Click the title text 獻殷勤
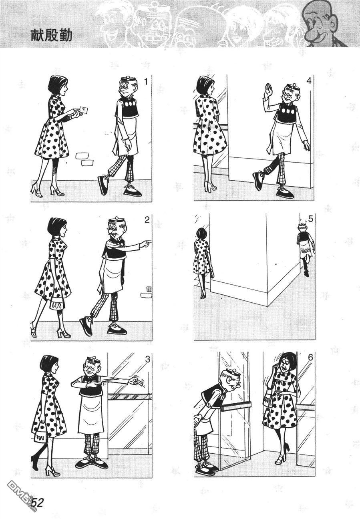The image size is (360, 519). pyautogui.click(x=51, y=36)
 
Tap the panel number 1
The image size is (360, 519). pyautogui.click(x=146, y=82)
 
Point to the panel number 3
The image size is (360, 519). pyautogui.click(x=147, y=359)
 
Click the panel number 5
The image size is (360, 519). pyautogui.click(x=310, y=219)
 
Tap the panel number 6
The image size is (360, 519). pyautogui.click(x=310, y=358)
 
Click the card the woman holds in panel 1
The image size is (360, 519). pyautogui.click(x=84, y=110)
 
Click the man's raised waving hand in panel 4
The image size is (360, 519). pyautogui.click(x=268, y=89)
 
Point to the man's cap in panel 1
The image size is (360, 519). pyautogui.click(x=127, y=79)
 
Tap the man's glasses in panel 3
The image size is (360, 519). pyautogui.click(x=91, y=369)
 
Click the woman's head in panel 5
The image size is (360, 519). pyautogui.click(x=201, y=233)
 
